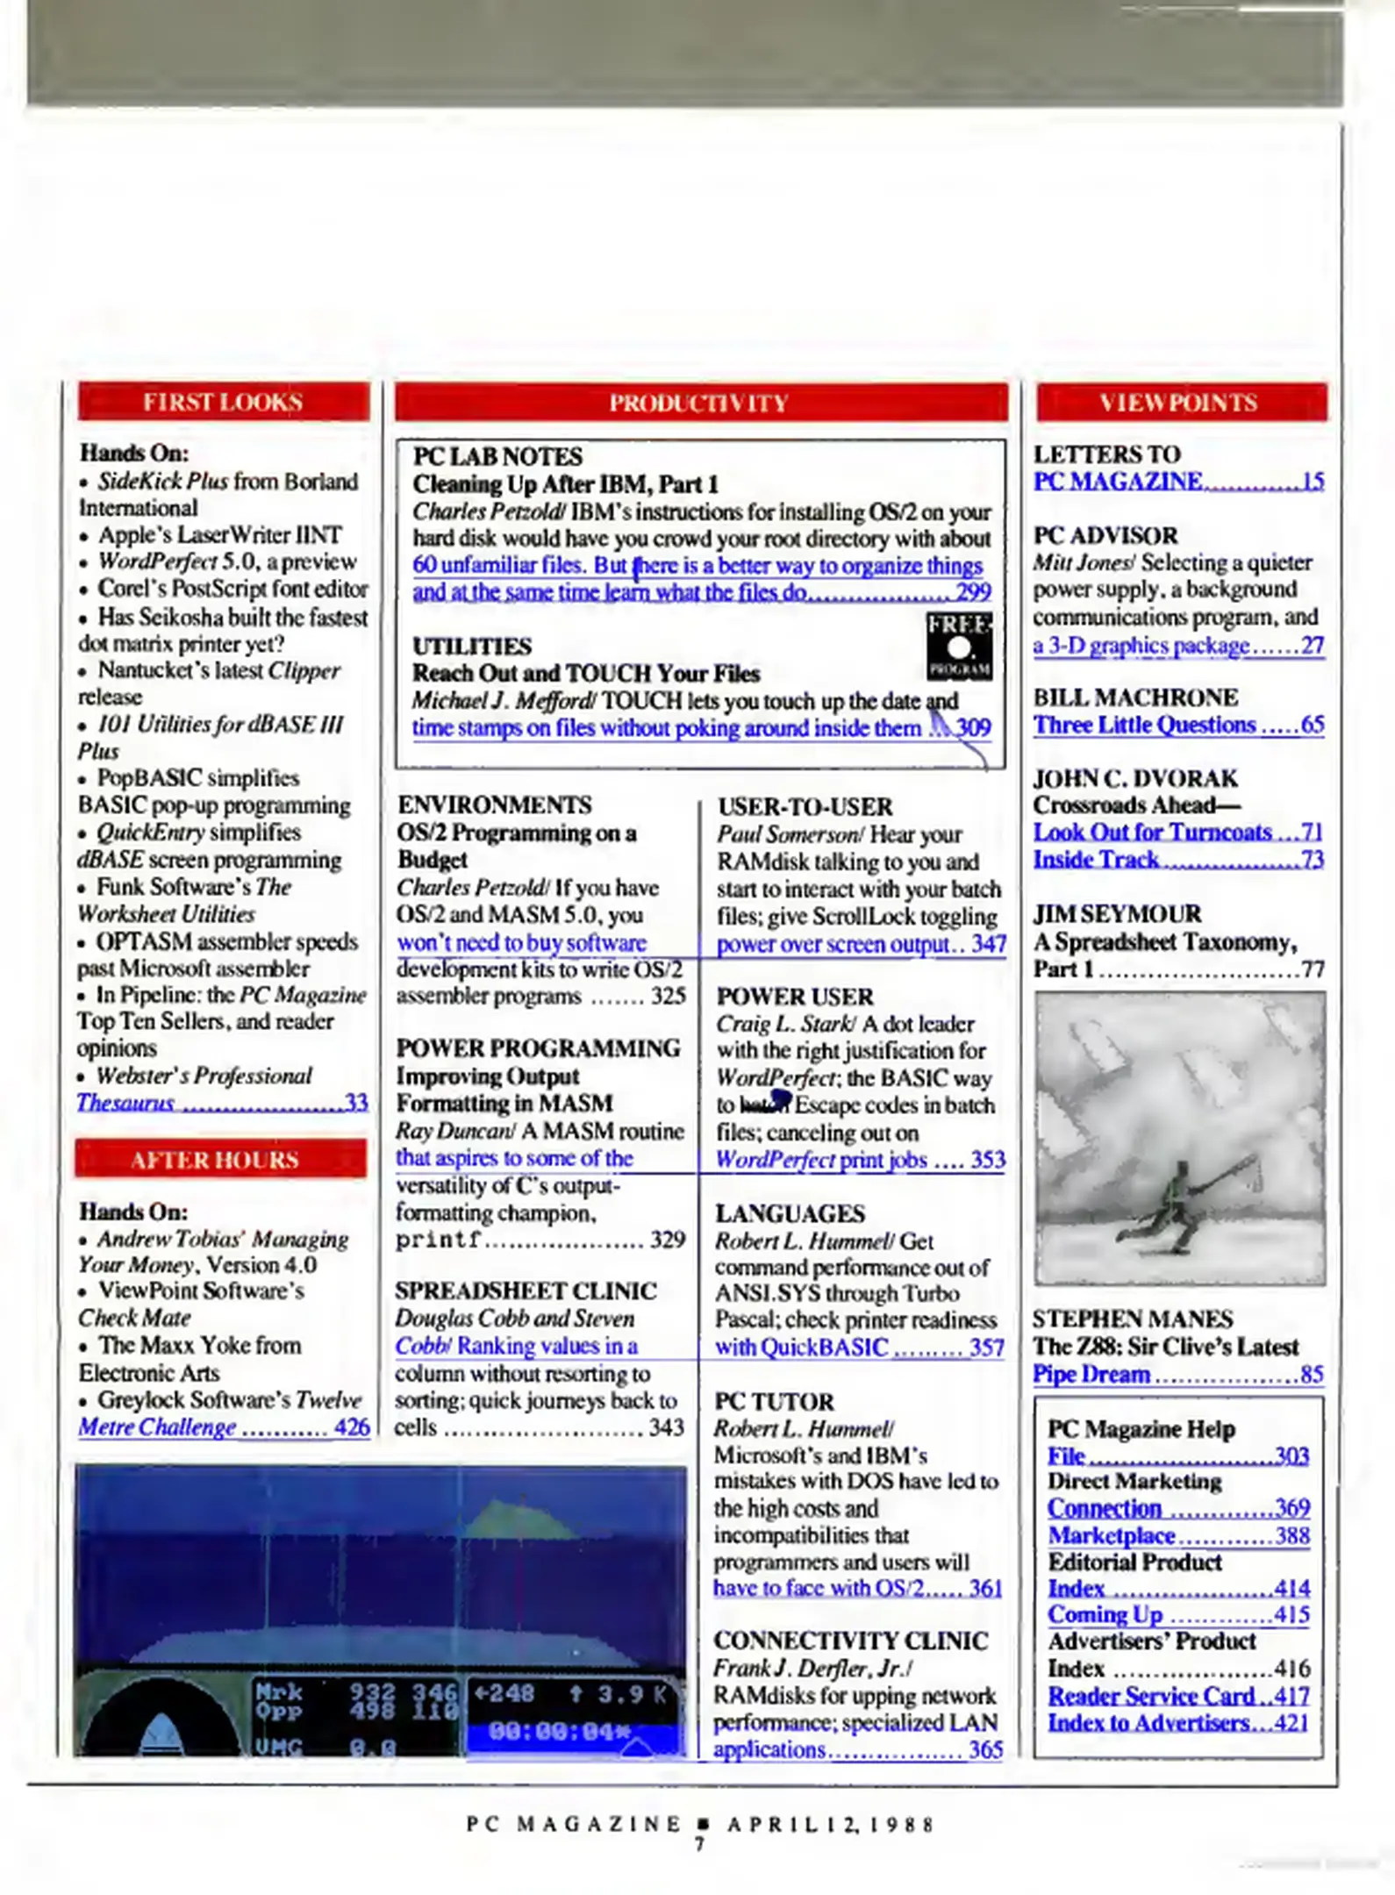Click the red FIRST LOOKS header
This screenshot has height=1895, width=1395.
223,402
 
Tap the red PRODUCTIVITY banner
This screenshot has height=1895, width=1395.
699,403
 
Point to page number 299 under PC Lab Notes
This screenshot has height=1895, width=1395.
973,591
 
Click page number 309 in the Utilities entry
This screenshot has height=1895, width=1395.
974,727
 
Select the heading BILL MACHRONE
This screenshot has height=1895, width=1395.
1135,697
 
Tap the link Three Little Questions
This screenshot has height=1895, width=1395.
1144,725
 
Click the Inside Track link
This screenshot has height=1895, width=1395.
1097,860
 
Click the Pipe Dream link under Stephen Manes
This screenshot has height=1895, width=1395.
1091,1374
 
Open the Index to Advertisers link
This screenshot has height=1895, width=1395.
1149,1722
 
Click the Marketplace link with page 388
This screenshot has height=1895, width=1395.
1112,1535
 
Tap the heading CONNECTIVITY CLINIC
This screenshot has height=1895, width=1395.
850,1641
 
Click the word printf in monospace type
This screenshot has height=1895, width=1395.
438,1241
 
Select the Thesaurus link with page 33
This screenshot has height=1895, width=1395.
125,1103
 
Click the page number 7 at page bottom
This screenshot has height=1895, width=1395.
699,1845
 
